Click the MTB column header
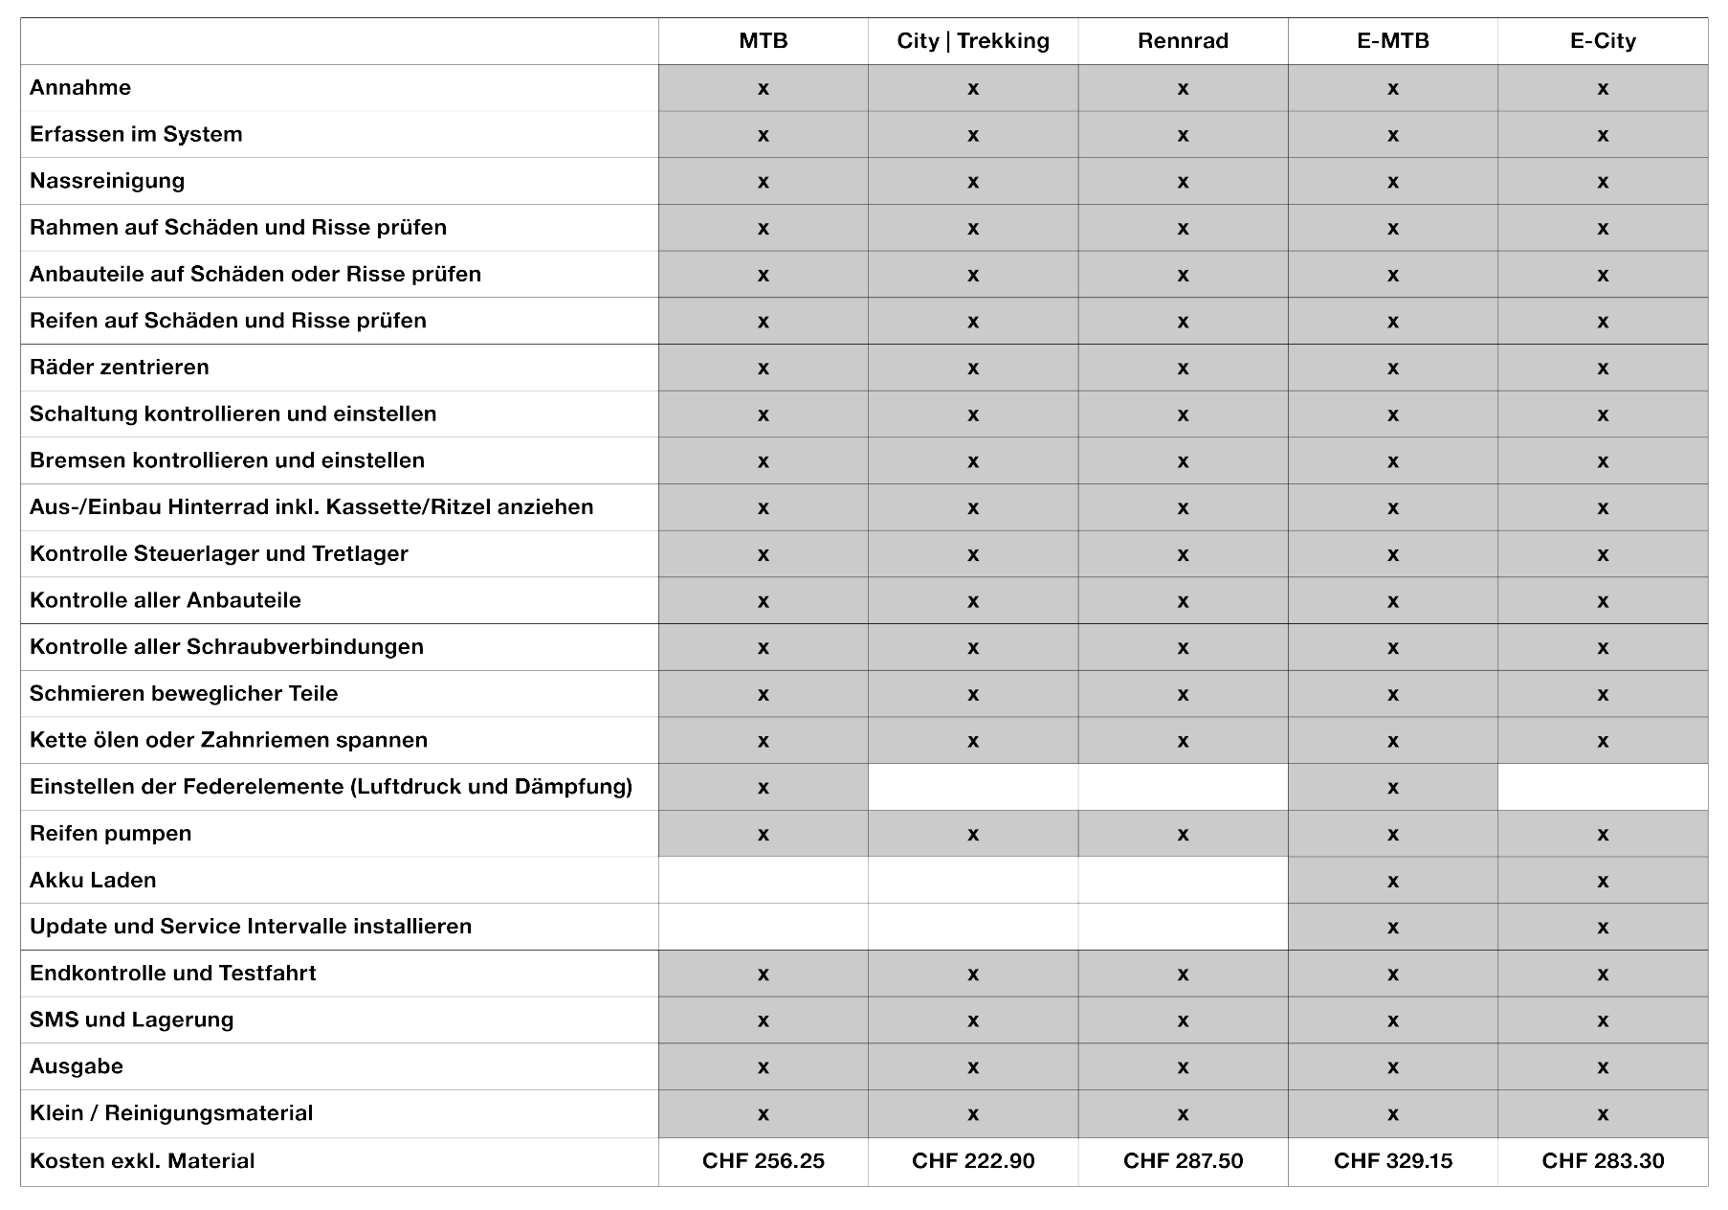pos(763,41)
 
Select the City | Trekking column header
pos(973,41)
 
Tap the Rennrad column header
pos(1183,41)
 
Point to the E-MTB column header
pos(1393,41)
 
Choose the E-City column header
pos(1603,41)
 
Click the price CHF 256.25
pos(763,1161)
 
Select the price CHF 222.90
pos(973,1161)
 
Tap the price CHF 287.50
pos(1183,1161)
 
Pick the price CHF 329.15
pos(1393,1161)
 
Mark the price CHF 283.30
pos(1603,1161)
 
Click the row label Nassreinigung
pos(107,181)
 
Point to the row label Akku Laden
pos(93,881)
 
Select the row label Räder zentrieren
pos(119,368)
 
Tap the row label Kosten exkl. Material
pos(142,1161)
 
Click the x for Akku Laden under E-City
pos(1603,882)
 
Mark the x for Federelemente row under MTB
pos(763,788)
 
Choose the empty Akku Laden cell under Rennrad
pos(1183,881)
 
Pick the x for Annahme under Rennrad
pos(1183,89)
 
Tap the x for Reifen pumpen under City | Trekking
pos(973,835)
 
